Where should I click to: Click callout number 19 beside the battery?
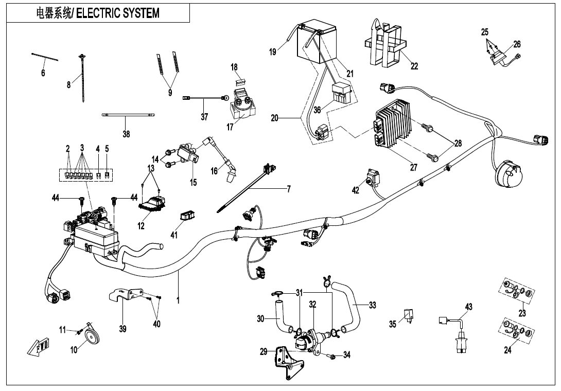[273, 51]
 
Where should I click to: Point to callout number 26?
[517, 44]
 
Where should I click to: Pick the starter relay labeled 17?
[242, 106]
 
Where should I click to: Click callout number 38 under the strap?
[126, 134]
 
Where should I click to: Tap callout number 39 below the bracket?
[122, 329]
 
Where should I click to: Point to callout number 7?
[289, 189]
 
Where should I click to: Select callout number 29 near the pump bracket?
[264, 352]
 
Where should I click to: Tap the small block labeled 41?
[187, 217]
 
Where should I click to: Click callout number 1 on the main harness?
[178, 300]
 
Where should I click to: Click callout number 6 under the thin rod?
[43, 74]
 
